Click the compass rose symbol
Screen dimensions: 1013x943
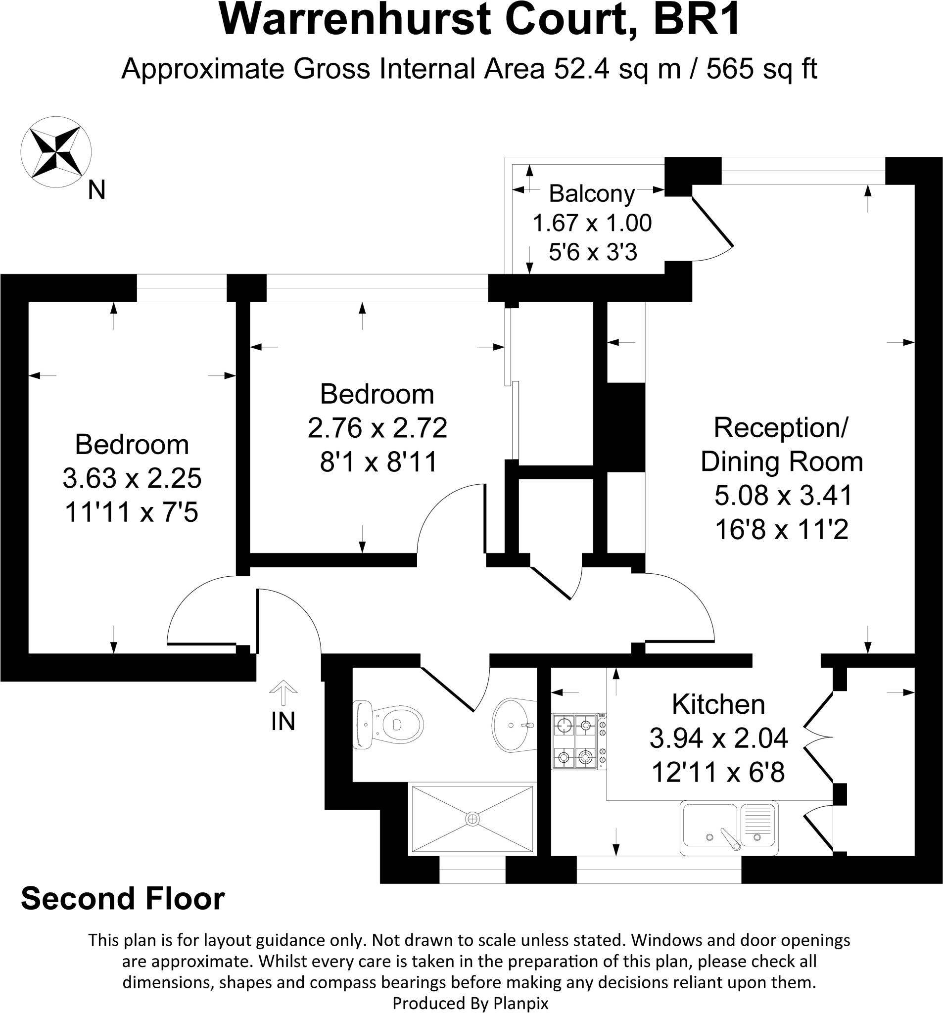coord(55,151)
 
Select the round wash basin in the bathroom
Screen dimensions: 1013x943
coord(514,725)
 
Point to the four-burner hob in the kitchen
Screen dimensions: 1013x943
coord(577,741)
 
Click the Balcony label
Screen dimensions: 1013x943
coord(591,193)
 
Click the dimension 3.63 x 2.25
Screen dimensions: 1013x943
coord(132,478)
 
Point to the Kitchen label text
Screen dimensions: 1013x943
coord(718,704)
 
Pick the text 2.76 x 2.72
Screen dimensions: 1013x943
coord(377,427)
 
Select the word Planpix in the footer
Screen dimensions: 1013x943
coord(520,1003)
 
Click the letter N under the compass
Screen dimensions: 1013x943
coord(96,190)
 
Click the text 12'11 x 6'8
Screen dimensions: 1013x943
coord(718,773)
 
